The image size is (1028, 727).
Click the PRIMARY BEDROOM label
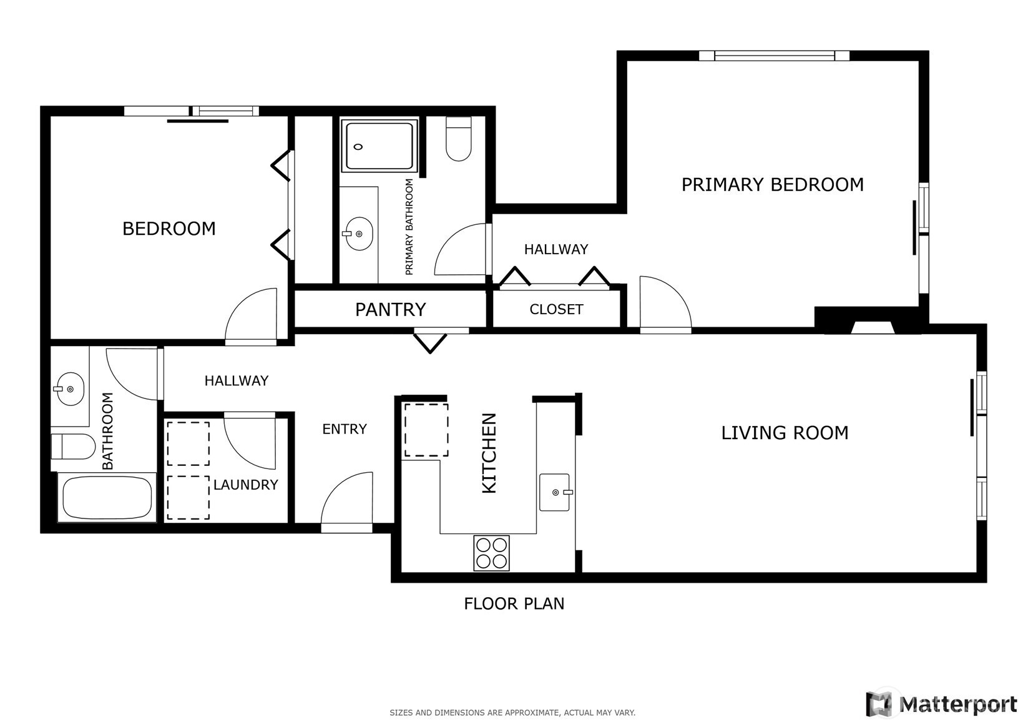pyautogui.click(x=772, y=185)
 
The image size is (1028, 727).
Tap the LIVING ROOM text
pyautogui.click(x=785, y=433)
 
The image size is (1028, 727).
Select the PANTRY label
pyautogui.click(x=391, y=310)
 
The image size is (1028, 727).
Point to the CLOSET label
pyautogui.click(x=556, y=310)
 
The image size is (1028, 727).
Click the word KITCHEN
pyautogui.click(x=489, y=453)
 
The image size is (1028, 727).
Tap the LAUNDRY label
pyautogui.click(x=245, y=485)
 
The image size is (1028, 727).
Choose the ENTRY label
pyautogui.click(x=345, y=429)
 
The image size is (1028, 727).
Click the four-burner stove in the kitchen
pyautogui.click(x=491, y=553)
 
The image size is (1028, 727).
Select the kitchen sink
pyautogui.click(x=555, y=492)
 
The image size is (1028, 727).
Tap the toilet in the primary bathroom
pyautogui.click(x=459, y=139)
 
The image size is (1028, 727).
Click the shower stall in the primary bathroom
pyautogui.click(x=379, y=146)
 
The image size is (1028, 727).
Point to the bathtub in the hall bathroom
pyautogui.click(x=107, y=498)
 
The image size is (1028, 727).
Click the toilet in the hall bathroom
pyautogui.click(x=72, y=447)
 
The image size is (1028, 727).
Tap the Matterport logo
pyautogui.click(x=942, y=703)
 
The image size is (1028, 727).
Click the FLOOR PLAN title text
pyautogui.click(x=514, y=603)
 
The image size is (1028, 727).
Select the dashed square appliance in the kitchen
pyautogui.click(x=426, y=430)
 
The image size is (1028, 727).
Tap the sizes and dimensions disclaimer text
pyautogui.click(x=512, y=713)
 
